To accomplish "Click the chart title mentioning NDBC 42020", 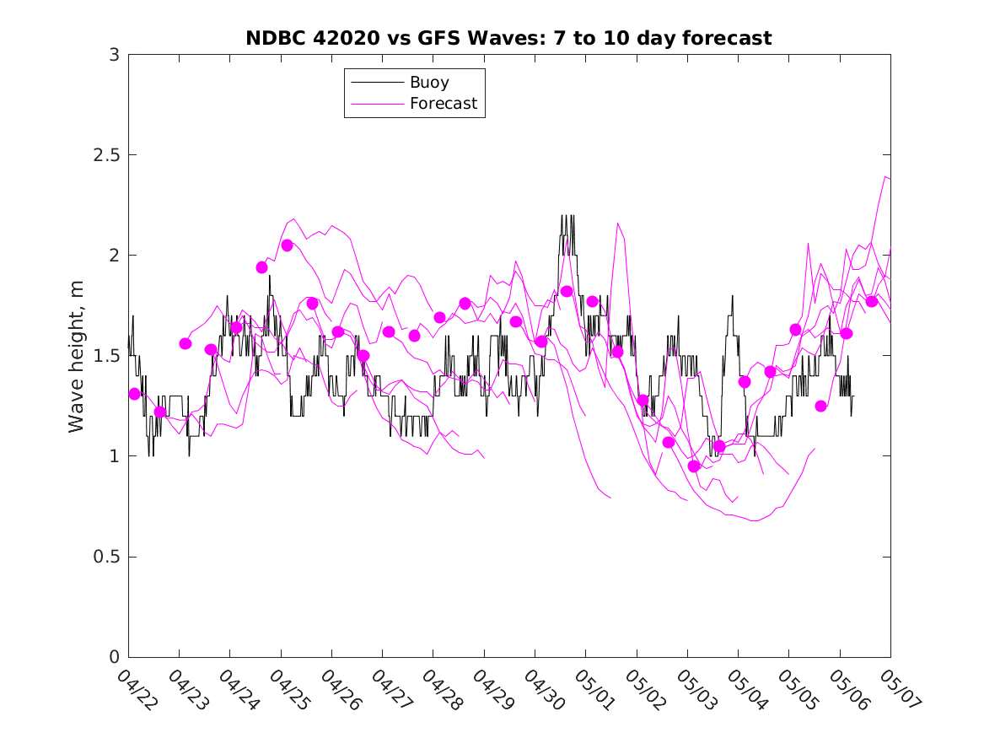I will coord(508,39).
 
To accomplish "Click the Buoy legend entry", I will coord(429,83).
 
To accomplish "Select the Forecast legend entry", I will coord(444,104).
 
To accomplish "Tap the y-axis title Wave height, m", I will coord(77,356).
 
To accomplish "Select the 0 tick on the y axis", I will coord(114,657).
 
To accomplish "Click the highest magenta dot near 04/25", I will coord(287,245).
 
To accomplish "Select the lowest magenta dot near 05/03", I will coord(694,466).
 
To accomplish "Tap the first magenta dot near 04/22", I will coord(134,394).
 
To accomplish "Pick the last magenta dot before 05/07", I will coord(872,302).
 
